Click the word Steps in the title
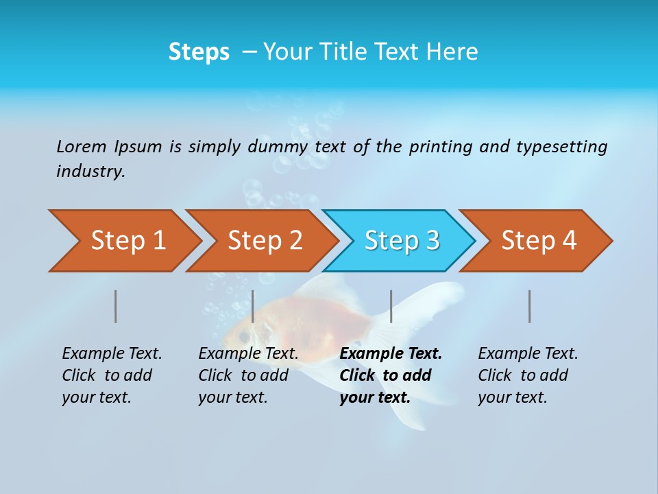(x=199, y=52)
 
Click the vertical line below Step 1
(x=116, y=306)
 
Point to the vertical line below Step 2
(x=253, y=306)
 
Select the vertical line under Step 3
(x=391, y=306)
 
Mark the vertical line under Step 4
(x=530, y=306)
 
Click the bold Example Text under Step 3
(x=391, y=354)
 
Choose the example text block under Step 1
(x=112, y=375)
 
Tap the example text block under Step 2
(x=248, y=375)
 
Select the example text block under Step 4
(x=528, y=375)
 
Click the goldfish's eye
(x=243, y=336)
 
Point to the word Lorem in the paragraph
(x=82, y=147)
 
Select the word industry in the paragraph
(x=90, y=172)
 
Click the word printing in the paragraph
(x=441, y=147)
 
